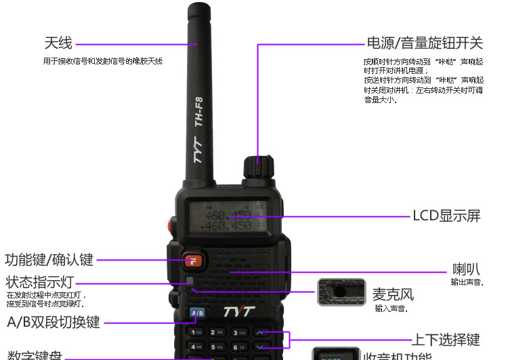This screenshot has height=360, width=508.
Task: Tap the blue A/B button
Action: tap(197, 313)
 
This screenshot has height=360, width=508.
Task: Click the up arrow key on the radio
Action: tap(262, 332)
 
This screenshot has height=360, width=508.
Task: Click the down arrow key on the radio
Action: tap(262, 347)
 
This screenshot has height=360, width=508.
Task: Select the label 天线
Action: tap(58, 43)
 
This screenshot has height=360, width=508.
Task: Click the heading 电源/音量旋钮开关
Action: tap(425, 43)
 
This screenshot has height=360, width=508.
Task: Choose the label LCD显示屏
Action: tap(446, 216)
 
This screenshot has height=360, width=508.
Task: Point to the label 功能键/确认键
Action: tap(49, 260)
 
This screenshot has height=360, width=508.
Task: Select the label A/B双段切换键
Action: tap(54, 322)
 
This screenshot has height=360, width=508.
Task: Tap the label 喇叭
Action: tap(467, 268)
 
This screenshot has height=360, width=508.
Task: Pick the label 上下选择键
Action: tap(446, 340)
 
